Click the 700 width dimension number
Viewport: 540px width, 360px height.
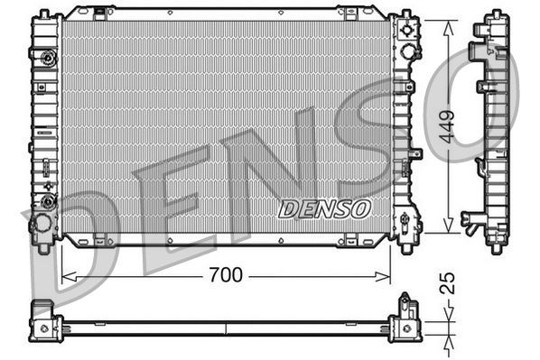(225, 275)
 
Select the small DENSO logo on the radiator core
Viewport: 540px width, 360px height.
(324, 208)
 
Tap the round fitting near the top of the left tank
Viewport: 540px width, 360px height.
(45, 60)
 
